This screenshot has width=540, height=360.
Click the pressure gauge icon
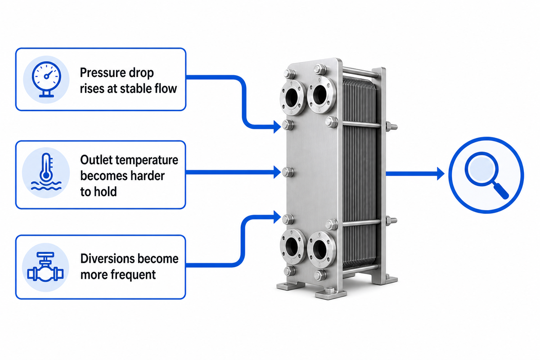coord(46,79)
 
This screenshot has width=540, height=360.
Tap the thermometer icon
coord(46,171)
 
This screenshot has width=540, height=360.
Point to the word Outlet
coord(96,160)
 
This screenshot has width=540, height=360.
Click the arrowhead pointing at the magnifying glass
coord(441,174)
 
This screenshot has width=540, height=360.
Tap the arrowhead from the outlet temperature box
coord(277,172)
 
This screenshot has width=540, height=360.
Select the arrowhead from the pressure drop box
coord(277,126)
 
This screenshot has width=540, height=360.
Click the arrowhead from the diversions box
coord(277,217)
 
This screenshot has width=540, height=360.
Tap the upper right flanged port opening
coord(320,95)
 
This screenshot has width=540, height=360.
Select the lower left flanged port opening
coord(292,247)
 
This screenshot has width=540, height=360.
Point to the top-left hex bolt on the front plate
coord(289,74)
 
